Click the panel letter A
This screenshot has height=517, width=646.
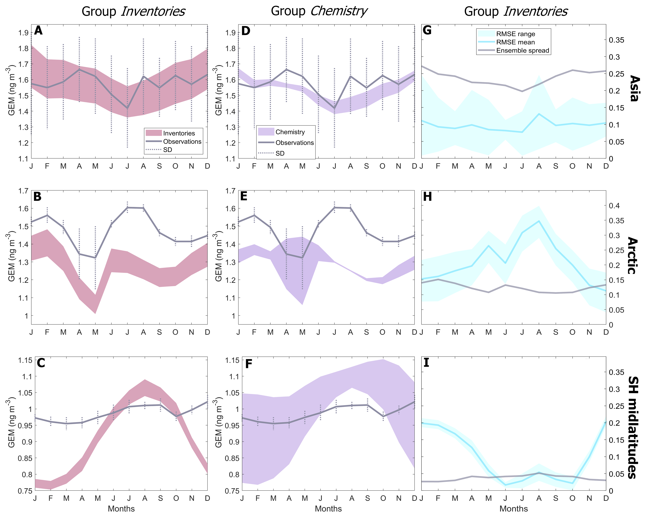point(38,31)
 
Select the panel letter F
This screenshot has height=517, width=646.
point(248,364)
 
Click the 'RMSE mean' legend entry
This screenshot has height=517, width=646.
point(515,42)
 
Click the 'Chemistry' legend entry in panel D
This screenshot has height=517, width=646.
point(290,132)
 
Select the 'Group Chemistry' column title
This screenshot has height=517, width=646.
point(319,11)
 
